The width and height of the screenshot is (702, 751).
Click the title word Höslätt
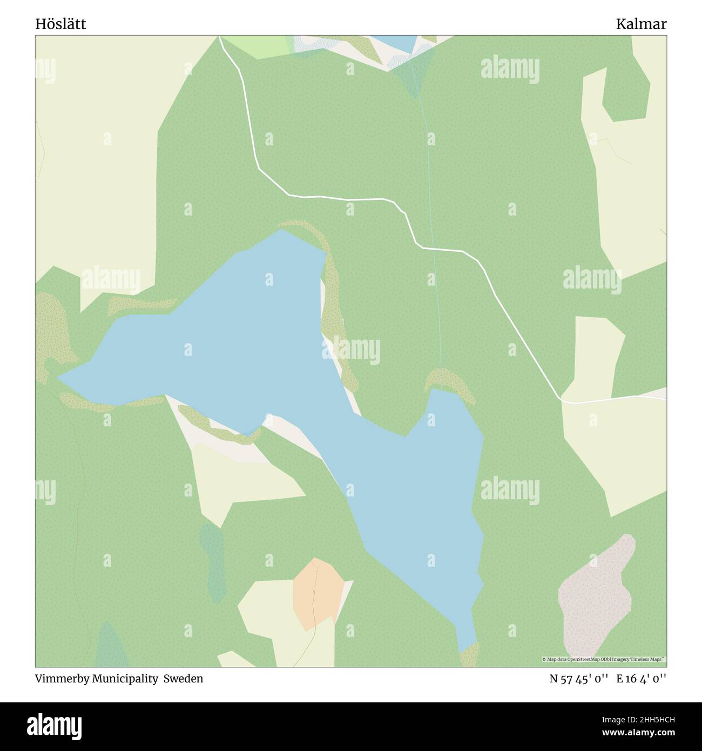click(60, 24)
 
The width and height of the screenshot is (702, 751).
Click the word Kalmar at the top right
click(641, 24)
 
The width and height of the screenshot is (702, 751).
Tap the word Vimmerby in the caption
click(62, 679)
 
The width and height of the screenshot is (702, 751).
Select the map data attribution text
click(604, 660)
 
